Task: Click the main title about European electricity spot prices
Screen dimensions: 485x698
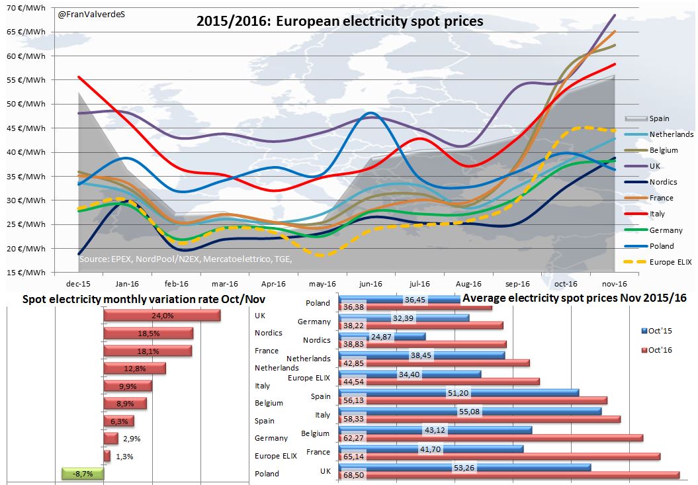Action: pos(340,21)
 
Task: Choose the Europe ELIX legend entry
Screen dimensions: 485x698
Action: pos(671,262)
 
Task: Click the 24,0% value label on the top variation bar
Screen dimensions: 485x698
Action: pos(162,316)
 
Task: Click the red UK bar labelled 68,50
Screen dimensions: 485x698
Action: pos(509,475)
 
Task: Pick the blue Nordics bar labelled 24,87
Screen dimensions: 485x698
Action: pos(382,337)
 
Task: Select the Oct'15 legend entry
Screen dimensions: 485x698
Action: pos(659,330)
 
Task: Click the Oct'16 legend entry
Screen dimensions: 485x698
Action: pos(659,349)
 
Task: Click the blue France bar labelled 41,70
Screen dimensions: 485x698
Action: pos(431,449)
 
